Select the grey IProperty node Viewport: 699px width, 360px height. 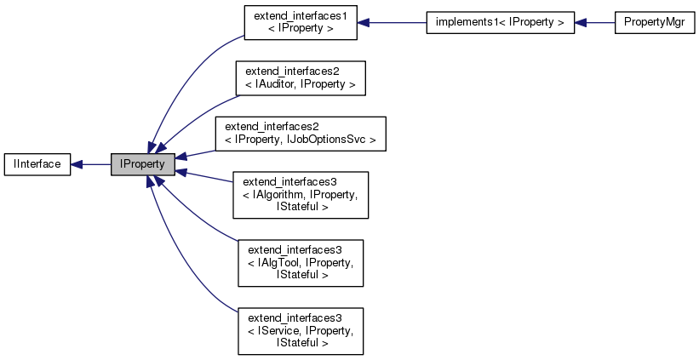coord(143,163)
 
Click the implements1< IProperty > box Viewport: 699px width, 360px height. coord(501,23)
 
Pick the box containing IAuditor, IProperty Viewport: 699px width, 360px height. coord(301,77)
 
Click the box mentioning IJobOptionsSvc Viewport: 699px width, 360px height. coord(301,134)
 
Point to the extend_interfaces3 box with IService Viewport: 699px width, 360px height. coord(301,331)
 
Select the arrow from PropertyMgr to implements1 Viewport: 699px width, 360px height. coord(595,23)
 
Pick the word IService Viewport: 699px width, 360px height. coord(278,331)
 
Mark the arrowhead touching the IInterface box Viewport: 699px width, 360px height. coord(77,163)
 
